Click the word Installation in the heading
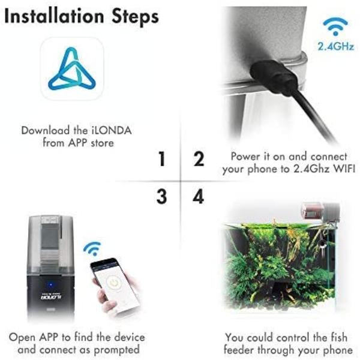54,16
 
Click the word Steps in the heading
135,17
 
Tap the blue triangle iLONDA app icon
72,68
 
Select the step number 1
162,158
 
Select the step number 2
199,158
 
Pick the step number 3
161,196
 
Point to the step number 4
199,196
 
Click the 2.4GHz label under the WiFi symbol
335,46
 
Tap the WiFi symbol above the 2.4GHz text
335,26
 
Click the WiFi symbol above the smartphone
92,248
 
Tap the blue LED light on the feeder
51,285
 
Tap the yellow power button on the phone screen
113,283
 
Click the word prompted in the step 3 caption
116,350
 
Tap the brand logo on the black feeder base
48,297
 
